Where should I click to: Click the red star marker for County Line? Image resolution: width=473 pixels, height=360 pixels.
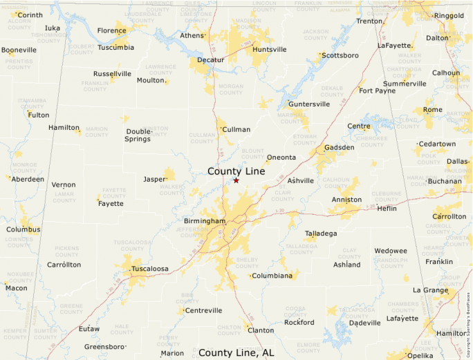(236, 180)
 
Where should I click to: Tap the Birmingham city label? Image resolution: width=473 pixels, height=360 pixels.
(205, 221)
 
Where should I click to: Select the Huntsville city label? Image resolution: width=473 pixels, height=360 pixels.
(270, 50)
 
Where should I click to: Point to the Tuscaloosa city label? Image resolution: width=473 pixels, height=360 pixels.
(151, 269)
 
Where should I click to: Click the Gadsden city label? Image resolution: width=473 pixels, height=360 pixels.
(339, 147)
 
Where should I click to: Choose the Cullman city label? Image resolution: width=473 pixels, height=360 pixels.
(236, 129)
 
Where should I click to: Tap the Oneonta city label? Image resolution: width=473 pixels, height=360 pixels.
(281, 158)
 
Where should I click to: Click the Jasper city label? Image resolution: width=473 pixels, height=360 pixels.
(154, 179)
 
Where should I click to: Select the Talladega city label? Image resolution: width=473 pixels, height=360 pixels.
(321, 234)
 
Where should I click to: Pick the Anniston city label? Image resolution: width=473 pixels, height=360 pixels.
(346, 200)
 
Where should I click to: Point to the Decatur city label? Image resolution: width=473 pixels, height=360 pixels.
(211, 60)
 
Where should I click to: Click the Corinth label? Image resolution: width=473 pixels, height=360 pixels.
(30, 15)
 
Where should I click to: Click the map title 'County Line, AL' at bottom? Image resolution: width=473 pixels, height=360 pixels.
(236, 352)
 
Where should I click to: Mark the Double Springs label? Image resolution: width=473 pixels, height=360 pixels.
(138, 135)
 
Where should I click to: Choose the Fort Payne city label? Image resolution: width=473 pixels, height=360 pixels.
(377, 91)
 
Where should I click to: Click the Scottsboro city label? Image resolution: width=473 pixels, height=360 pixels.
(340, 55)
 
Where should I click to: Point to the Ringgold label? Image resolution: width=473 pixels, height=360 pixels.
(449, 15)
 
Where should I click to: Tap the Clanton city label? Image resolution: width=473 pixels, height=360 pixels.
(261, 330)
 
